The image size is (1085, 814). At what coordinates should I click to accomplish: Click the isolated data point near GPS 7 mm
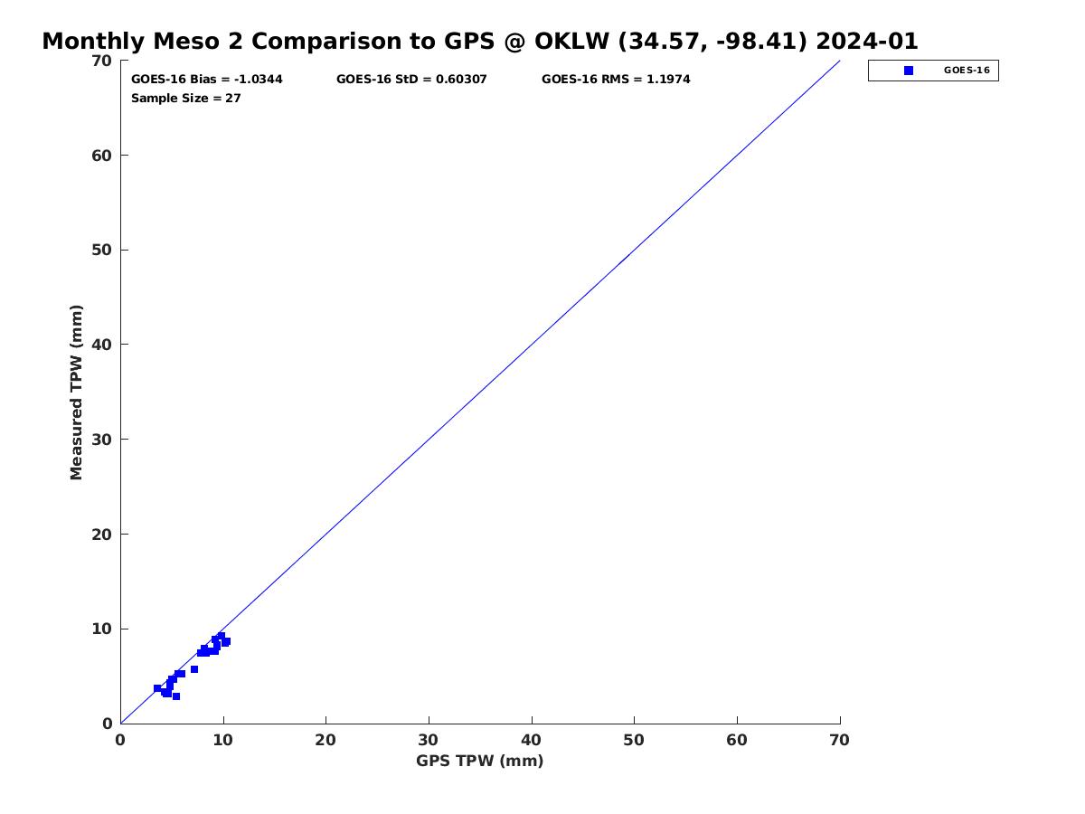tap(194, 669)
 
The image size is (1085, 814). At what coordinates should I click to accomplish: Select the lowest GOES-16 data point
tap(176, 696)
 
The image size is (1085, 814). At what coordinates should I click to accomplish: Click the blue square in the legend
tap(909, 71)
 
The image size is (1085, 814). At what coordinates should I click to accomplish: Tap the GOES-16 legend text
tap(967, 71)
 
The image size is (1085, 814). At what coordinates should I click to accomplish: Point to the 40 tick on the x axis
tap(532, 724)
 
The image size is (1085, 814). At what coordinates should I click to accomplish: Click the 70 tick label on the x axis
tap(840, 740)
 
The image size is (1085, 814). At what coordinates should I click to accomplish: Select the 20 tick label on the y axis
tap(101, 535)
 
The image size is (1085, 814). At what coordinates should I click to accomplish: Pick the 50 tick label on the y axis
tap(101, 251)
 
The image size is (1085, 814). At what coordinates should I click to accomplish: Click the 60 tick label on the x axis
tap(737, 740)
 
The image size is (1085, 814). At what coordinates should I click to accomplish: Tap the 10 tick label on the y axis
tap(101, 629)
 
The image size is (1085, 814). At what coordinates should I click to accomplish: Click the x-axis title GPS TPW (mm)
tap(479, 761)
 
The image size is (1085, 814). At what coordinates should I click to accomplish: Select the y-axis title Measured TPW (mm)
tap(77, 393)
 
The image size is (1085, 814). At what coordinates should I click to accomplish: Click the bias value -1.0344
tap(258, 80)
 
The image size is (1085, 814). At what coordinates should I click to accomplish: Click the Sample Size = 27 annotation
tap(185, 99)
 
